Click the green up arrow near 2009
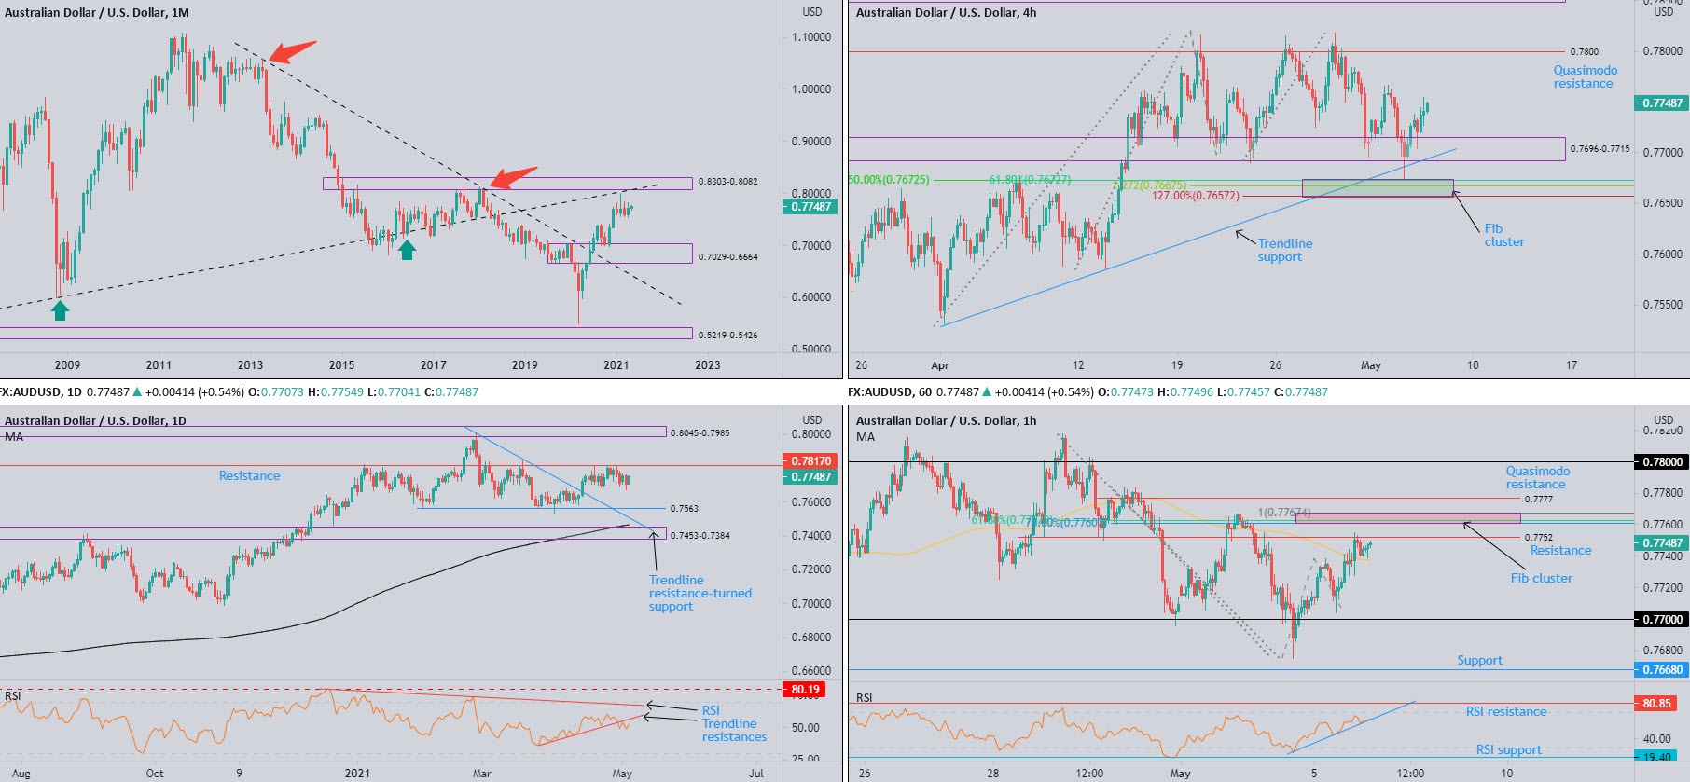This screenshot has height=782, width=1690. point(60,310)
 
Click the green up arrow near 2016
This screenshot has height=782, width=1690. point(407,249)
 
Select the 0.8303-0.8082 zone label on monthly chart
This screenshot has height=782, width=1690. point(727,182)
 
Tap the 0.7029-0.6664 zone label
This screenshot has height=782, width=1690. point(727,256)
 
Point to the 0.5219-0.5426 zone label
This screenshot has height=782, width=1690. point(727,335)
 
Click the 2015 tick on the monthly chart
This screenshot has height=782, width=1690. point(341,364)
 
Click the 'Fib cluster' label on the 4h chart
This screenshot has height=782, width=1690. point(1503,235)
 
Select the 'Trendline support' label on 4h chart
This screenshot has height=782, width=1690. point(1284,250)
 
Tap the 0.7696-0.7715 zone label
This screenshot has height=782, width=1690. point(1599,149)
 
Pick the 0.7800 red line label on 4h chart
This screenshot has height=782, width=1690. point(1584,52)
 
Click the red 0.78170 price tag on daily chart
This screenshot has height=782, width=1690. point(810,460)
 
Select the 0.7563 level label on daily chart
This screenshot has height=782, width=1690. point(684,509)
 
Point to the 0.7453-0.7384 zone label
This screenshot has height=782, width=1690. point(700,536)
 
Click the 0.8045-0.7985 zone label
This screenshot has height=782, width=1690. point(700,433)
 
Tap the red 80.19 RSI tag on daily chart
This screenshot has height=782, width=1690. point(805,690)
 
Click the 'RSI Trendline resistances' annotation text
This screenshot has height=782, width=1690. point(733,723)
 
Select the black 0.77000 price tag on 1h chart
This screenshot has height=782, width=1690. point(1662,619)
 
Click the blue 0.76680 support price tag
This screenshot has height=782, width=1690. point(1662,669)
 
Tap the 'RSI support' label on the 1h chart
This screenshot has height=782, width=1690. point(1508,749)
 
